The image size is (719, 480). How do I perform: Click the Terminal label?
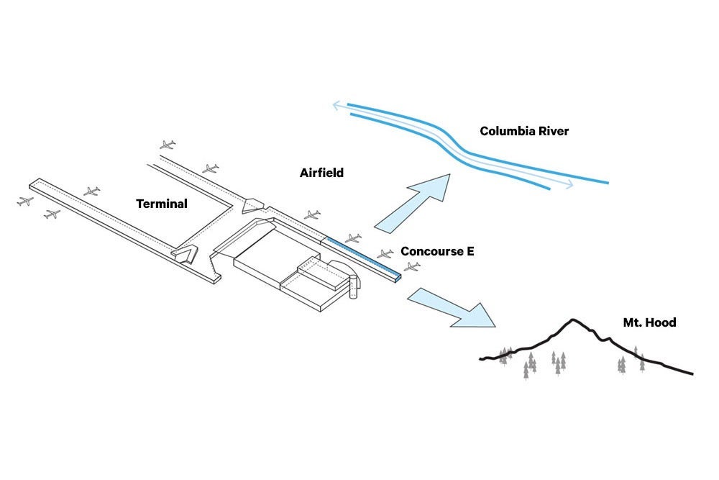click(162, 204)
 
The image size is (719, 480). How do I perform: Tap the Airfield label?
click(321, 173)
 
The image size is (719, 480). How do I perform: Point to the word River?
click(553, 131)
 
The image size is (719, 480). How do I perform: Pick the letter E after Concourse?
click(470, 251)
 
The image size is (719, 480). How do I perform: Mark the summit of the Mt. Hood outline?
click(572, 320)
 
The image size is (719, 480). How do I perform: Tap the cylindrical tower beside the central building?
click(353, 287)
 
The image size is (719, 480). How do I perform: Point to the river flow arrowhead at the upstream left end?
click(336, 107)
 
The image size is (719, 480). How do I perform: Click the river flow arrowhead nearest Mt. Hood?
click(569, 186)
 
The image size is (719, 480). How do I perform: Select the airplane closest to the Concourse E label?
click(385, 254)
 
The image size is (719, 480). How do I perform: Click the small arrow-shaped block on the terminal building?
click(186, 253)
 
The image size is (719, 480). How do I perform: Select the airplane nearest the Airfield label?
click(311, 214)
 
